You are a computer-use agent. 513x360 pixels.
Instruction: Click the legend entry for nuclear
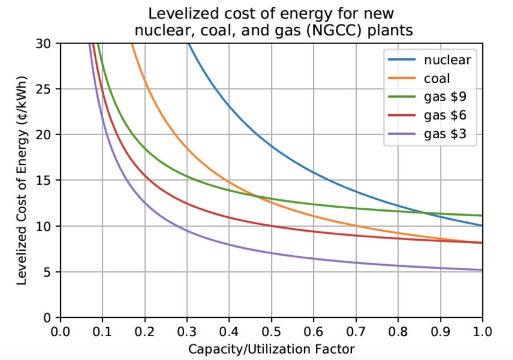446,59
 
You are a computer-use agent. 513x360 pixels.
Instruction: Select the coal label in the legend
437,78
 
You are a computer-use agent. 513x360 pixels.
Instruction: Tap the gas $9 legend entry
443,98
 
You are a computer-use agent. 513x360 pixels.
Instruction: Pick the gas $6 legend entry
443,117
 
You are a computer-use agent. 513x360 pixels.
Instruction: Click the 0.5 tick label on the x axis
271,330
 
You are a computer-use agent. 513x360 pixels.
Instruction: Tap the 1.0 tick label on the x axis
482,330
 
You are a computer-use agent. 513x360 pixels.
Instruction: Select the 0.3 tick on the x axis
187,330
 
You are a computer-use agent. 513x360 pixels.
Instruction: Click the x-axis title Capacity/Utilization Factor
271,347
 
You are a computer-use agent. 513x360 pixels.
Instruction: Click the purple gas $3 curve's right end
482,270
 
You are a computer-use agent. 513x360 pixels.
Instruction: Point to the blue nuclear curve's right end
482,225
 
